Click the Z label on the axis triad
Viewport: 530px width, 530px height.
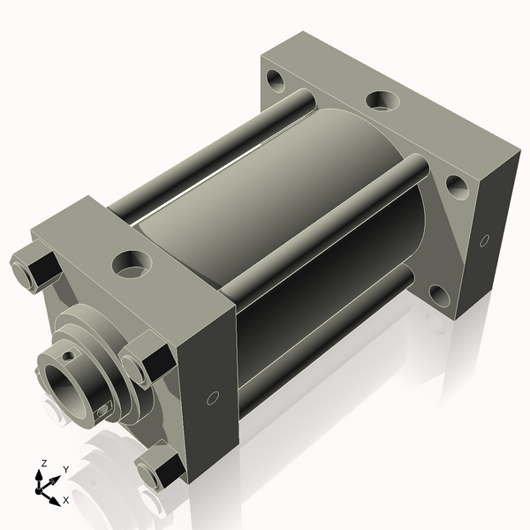point(44,462)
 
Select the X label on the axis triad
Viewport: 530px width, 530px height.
point(66,500)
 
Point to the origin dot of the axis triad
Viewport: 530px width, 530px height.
point(42,488)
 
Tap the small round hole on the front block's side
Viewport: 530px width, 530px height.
point(212,398)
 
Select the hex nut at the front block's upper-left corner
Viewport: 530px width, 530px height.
point(33,268)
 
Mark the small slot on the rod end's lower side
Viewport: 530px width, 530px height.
point(104,408)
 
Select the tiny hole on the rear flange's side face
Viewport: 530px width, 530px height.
point(484,240)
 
